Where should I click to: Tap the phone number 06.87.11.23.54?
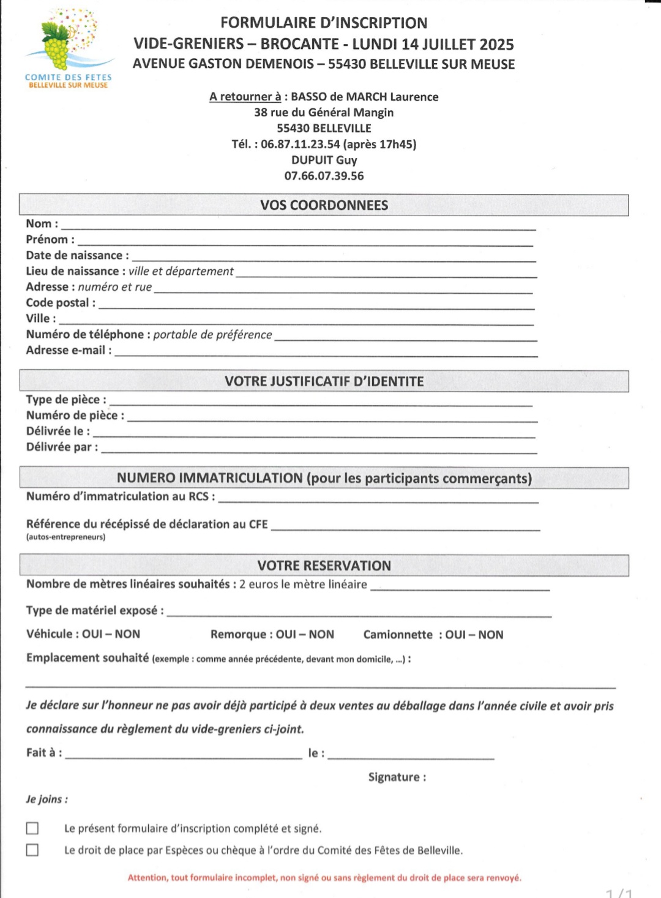(300, 144)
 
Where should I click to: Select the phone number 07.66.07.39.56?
(324, 176)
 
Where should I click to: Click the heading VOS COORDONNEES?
(324, 206)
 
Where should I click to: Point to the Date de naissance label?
(77, 256)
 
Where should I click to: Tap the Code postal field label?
(60, 303)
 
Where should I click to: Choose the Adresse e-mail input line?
(326, 353)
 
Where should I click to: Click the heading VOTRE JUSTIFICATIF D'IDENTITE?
(324, 381)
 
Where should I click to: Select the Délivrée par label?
(61, 447)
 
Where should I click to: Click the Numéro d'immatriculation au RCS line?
(378, 500)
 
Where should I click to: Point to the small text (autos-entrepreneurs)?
(65, 537)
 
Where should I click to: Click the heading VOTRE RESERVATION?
(324, 566)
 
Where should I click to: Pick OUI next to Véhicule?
(92, 634)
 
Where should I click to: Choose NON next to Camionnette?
(491, 635)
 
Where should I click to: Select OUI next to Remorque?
(286, 635)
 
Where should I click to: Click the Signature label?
(397, 777)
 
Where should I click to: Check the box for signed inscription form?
(32, 828)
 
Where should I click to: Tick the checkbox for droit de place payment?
(32, 850)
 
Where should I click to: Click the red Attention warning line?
(324, 878)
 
